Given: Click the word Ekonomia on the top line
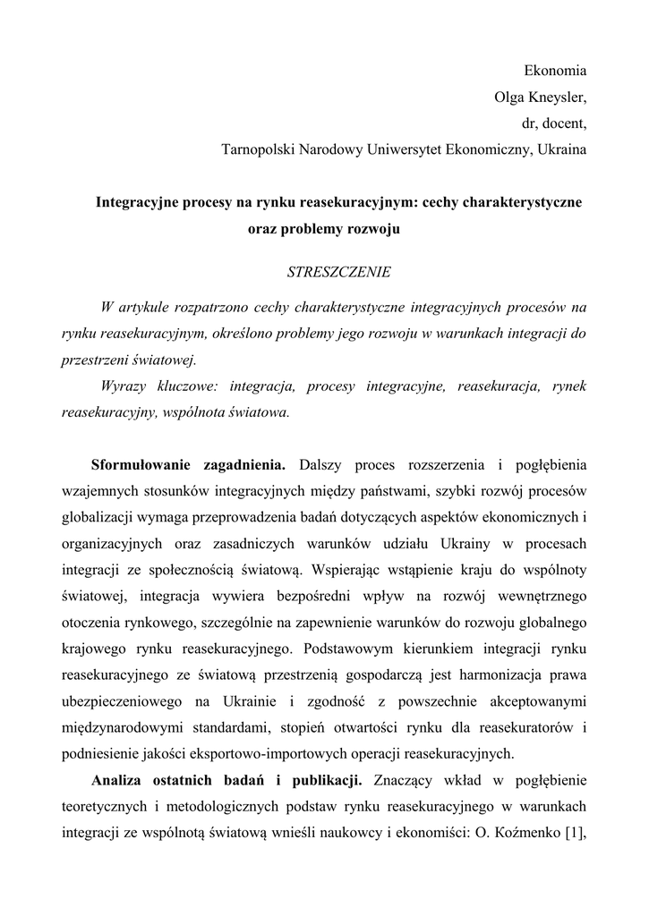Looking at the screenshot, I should tap(555, 70).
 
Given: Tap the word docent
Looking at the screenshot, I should tap(565, 123).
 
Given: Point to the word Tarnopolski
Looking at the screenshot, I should tap(258, 149).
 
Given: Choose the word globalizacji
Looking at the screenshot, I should tap(98, 516).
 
